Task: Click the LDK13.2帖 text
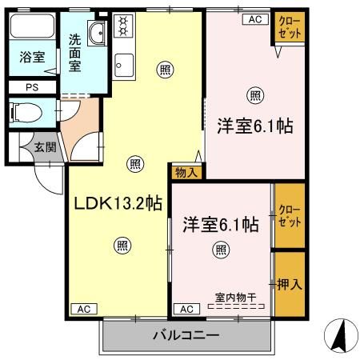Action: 119,203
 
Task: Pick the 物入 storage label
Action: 186,170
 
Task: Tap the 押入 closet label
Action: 289,283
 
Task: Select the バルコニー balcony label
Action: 186,336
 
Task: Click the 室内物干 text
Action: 234,298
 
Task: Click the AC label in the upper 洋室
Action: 255,19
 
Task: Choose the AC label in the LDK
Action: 84,308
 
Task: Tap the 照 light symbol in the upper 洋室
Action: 254,96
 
